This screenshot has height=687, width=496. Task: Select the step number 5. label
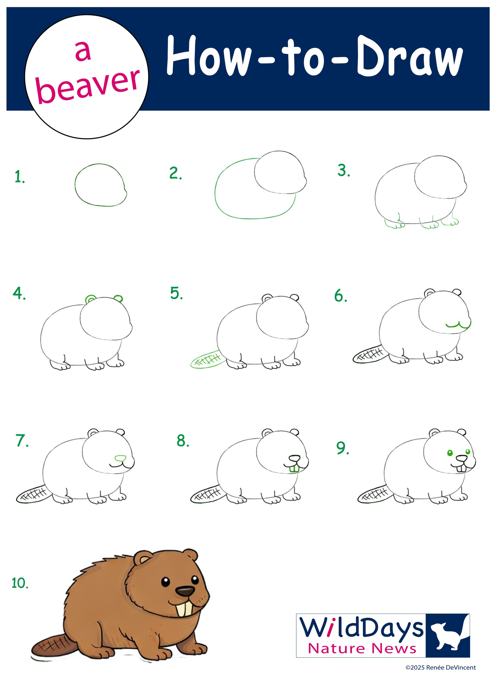[176, 293]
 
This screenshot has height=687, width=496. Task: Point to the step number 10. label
[20, 583]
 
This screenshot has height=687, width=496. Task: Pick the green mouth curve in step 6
[458, 325]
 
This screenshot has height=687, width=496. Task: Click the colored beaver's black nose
[185, 591]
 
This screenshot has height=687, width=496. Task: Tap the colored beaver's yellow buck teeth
[184, 609]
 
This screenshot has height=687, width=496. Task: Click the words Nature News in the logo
[362, 649]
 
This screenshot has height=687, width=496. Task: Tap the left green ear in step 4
[90, 299]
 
